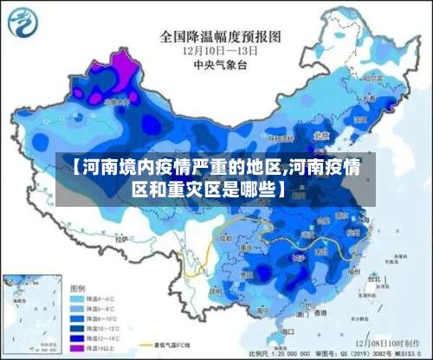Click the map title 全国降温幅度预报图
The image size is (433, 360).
pos(221,36)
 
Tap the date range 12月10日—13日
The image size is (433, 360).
pos(222,50)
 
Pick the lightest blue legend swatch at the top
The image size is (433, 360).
pos(78,298)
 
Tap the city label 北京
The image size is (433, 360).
pos(321,136)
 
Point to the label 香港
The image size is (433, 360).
pos(321,311)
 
